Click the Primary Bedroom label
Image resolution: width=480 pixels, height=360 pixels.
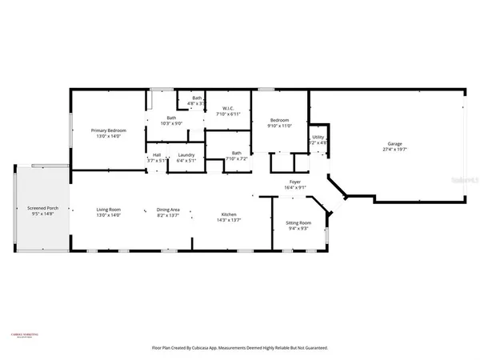tap(108, 130)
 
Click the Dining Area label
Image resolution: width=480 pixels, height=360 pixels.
tap(168, 210)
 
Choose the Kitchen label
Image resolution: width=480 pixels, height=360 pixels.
tap(229, 214)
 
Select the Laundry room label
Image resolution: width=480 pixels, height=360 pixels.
tap(187, 154)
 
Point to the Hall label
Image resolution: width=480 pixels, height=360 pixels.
tap(157, 154)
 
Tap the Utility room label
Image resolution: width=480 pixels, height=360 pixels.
tap(318, 137)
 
